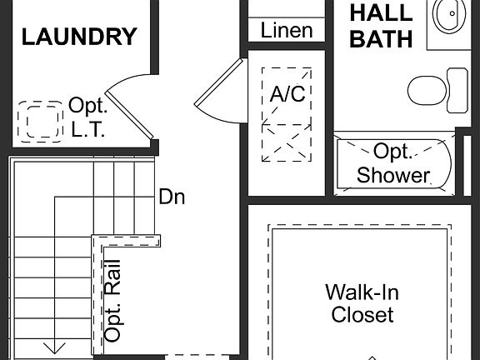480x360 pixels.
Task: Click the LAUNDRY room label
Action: pyautogui.click(x=79, y=37)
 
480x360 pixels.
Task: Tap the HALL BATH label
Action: pyautogui.click(x=381, y=26)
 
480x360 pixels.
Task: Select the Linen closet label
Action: pyautogui.click(x=287, y=31)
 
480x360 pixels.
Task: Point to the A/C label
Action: pyautogui.click(x=287, y=93)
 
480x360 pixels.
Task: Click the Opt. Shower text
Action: pyautogui.click(x=392, y=163)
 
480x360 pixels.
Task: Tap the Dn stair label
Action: pyautogui.click(x=172, y=197)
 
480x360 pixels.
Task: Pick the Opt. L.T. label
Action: pyautogui.click(x=88, y=117)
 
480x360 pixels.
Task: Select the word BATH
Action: pyautogui.click(x=381, y=38)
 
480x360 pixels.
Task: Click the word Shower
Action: pyautogui.click(x=393, y=175)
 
